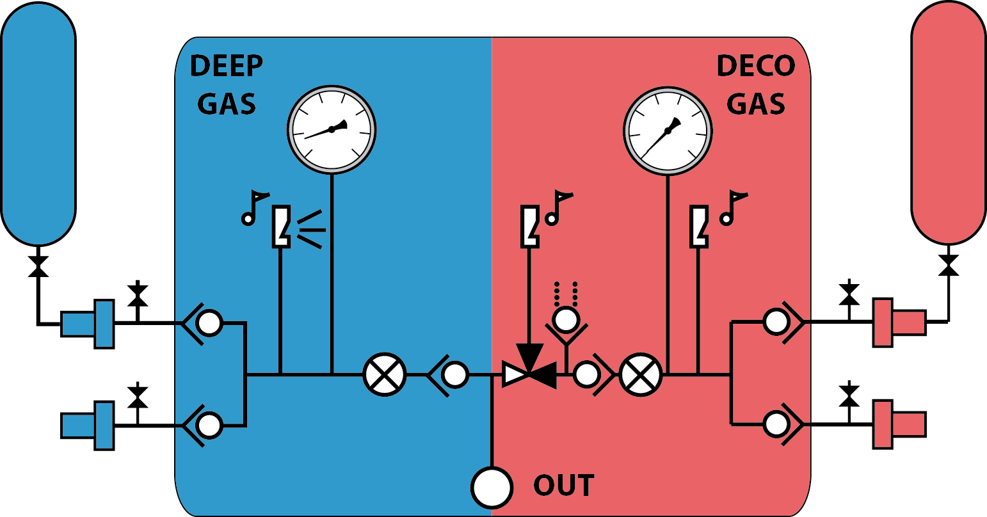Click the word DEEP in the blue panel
click(x=227, y=66)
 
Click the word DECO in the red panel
click(x=756, y=66)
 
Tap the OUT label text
click(x=564, y=485)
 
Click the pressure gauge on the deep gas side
click(x=332, y=129)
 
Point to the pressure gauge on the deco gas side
click(x=668, y=131)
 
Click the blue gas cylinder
click(x=38, y=123)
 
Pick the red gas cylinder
click(x=949, y=122)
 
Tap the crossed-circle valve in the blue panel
click(x=385, y=375)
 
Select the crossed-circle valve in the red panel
click(x=641, y=375)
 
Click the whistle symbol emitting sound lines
click(x=281, y=227)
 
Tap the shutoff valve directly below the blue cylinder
click(x=38, y=266)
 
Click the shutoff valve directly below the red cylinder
click(x=949, y=265)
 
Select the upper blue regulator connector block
click(x=88, y=324)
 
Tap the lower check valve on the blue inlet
click(x=203, y=426)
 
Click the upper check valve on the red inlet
click(x=784, y=322)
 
